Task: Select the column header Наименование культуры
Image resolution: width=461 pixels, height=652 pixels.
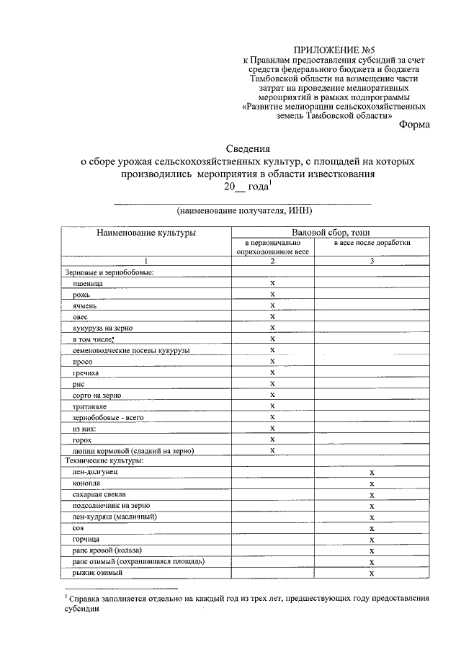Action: click(146, 233)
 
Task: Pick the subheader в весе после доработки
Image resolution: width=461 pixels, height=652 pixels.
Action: click(372, 243)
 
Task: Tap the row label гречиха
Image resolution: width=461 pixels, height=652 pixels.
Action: click(86, 372)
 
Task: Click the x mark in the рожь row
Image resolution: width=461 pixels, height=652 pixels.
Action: click(272, 294)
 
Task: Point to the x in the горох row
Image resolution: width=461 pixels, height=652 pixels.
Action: click(272, 439)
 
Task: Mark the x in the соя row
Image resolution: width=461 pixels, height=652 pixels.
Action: click(372, 528)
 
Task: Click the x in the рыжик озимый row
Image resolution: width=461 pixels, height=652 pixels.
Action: click(372, 573)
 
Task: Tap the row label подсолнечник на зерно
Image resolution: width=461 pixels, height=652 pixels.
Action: click(110, 506)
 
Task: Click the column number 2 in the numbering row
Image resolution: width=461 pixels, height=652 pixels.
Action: click(272, 261)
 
